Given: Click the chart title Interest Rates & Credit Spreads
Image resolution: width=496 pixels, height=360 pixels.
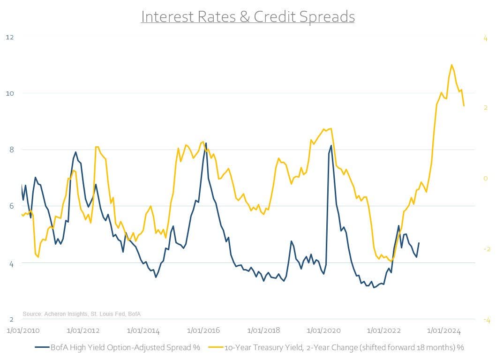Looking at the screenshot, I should (x=248, y=16).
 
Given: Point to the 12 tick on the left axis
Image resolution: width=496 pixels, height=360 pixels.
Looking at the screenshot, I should (x=9, y=37).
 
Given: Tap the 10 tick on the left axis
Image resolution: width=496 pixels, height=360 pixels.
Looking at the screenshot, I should (x=9, y=93).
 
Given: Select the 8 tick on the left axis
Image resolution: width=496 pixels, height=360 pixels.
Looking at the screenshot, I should (x=9, y=150).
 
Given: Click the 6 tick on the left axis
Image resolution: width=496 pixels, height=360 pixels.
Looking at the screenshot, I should (x=9, y=207).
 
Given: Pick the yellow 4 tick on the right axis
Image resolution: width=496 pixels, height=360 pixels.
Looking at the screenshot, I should (x=486, y=37).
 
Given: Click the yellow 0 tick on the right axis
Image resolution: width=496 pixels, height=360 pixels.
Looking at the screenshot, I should (x=486, y=179).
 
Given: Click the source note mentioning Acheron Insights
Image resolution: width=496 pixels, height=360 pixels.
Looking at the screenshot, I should (x=82, y=314).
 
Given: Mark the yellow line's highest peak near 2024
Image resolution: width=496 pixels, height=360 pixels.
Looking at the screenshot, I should (x=451, y=65).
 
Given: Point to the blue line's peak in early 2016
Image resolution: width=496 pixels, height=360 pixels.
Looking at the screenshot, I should (x=206, y=143).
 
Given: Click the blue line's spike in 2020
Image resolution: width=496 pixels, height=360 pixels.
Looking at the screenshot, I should (x=331, y=145).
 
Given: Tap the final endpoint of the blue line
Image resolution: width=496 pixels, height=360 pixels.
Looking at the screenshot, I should (x=419, y=243).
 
